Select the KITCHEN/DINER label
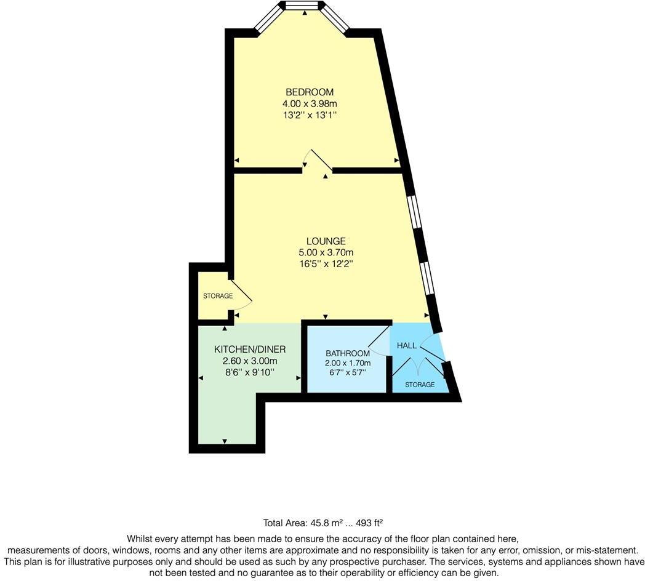[249, 349]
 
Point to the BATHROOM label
[348, 353]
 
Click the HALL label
[407, 345]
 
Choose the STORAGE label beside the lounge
[218, 296]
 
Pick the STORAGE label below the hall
[419, 385]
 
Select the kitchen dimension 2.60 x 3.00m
[250, 361]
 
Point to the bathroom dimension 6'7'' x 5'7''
[348, 372]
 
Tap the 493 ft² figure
[368, 523]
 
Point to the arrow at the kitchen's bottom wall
[224, 441]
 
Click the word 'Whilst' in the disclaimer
[140, 538]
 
